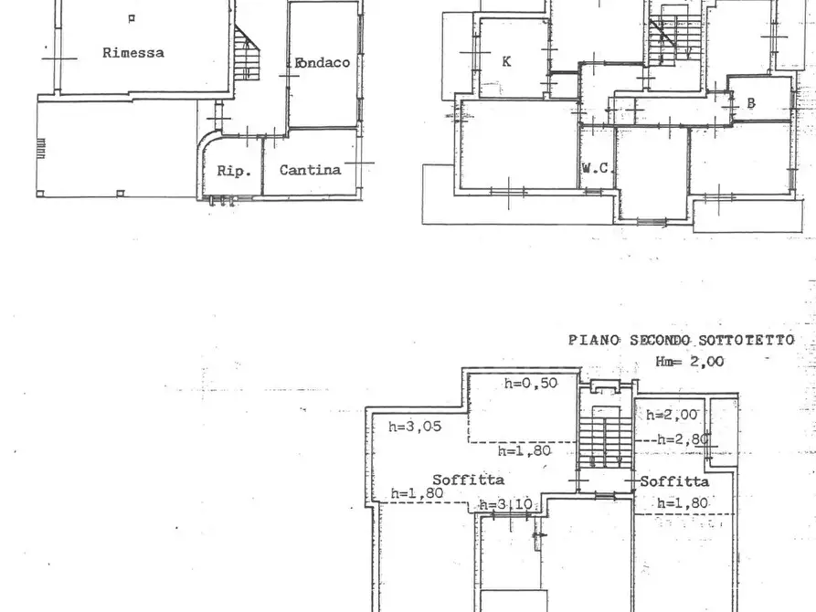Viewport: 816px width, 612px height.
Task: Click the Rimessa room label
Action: [x=133, y=53]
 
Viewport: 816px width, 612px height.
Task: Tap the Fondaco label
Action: [x=323, y=63]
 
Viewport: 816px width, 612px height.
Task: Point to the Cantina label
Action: [x=310, y=170]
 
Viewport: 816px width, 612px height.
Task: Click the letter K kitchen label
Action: [x=506, y=62]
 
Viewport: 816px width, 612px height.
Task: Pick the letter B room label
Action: [x=751, y=103]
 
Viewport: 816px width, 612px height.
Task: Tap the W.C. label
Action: [x=596, y=169]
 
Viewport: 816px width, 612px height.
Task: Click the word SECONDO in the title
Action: [x=656, y=340]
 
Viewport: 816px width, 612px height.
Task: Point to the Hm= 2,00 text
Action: [x=689, y=361]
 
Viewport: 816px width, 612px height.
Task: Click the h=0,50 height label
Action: [x=531, y=384]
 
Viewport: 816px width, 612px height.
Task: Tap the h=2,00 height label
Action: [x=673, y=415]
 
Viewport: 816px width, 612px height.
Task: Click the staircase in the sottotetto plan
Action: [x=605, y=438]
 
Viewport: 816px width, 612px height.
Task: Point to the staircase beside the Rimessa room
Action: [x=245, y=55]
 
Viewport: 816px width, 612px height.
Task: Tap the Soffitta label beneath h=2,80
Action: [x=673, y=481]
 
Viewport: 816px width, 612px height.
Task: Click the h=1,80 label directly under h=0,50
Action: [x=525, y=450]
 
